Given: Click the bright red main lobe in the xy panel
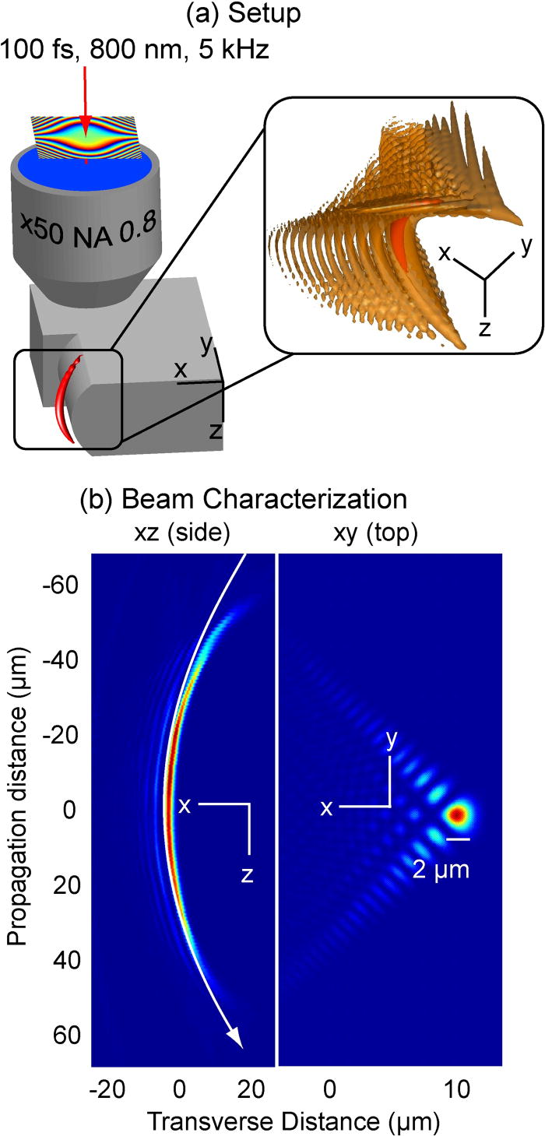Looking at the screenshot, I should point(457,814).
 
